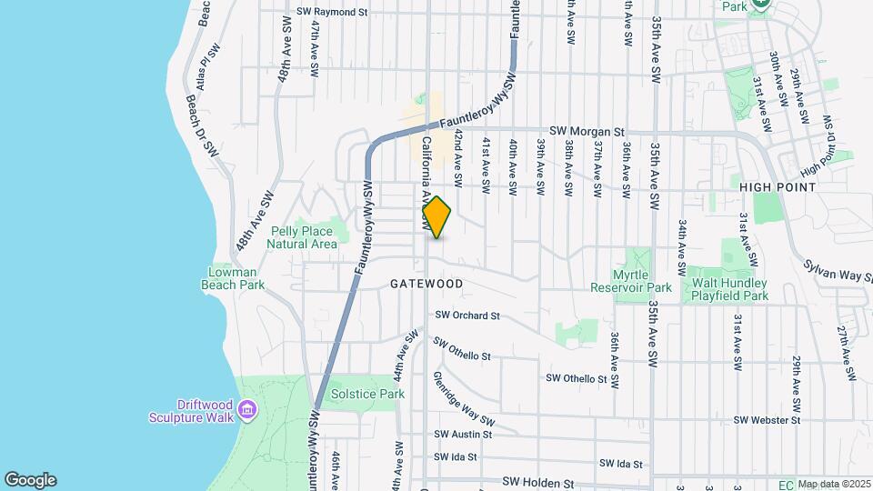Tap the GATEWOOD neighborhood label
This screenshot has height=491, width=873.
(426, 284)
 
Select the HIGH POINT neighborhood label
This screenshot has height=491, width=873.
(778, 186)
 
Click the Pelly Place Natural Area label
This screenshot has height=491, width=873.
(303, 238)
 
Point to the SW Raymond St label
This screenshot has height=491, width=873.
(332, 13)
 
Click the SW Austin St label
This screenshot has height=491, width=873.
(463, 435)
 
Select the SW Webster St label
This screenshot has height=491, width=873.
(766, 420)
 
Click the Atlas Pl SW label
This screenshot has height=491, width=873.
(203, 66)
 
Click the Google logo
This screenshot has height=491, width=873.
(30, 480)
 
